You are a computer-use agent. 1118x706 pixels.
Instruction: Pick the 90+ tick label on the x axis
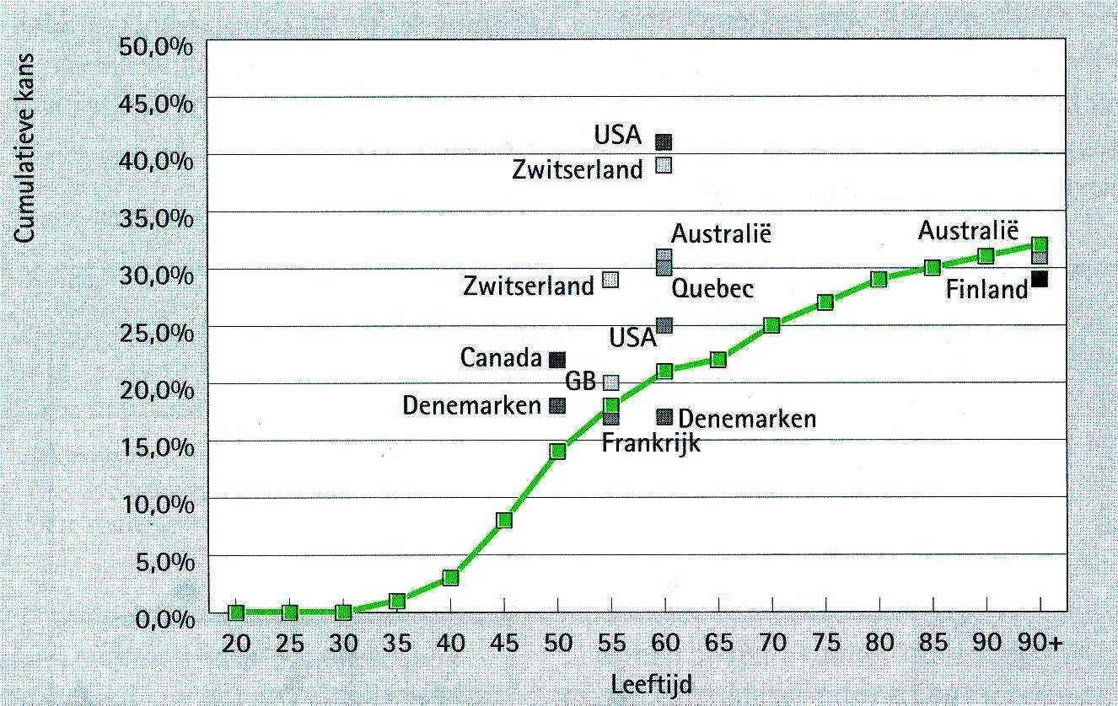(x=1040, y=644)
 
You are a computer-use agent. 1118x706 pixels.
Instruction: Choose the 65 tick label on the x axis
(x=718, y=644)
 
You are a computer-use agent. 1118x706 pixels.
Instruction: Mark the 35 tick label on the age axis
(x=397, y=644)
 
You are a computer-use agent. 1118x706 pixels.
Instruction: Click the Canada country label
(x=500, y=358)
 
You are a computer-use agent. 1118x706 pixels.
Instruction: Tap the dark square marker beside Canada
(x=557, y=360)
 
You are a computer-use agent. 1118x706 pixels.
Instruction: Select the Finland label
(x=986, y=291)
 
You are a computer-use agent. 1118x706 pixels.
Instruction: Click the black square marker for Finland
(x=1040, y=279)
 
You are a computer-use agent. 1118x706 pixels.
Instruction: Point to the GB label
(x=580, y=381)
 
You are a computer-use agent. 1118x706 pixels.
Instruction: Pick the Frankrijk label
(x=650, y=443)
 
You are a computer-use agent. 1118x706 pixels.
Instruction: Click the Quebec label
(x=712, y=290)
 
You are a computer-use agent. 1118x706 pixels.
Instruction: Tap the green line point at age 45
(x=504, y=520)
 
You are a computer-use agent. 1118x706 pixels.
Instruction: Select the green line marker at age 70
(x=771, y=325)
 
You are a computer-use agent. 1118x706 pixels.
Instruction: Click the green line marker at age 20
(x=236, y=612)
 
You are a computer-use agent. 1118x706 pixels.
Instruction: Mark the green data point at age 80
(x=879, y=280)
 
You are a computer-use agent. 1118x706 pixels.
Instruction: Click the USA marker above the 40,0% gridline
(x=664, y=142)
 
